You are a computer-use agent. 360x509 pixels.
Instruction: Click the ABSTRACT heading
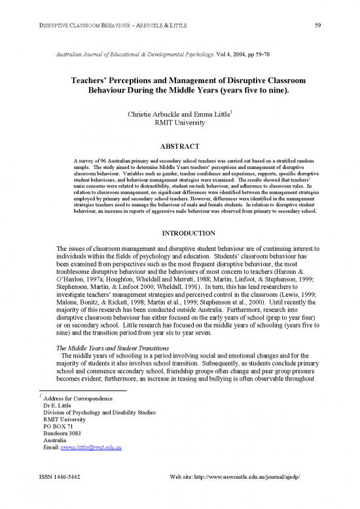(179, 147)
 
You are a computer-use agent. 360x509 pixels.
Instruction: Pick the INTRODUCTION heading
(179, 234)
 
